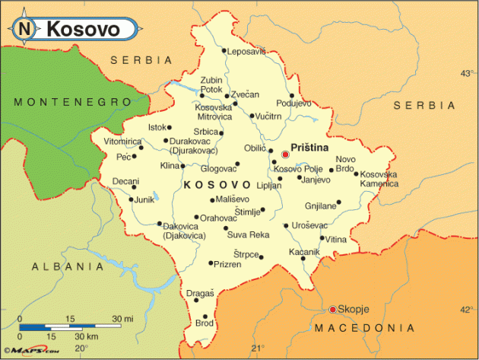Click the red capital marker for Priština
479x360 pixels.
tap(286, 155)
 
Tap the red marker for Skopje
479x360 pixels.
tap(332, 309)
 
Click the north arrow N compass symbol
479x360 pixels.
tap(25, 29)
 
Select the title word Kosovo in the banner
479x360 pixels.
tap(83, 29)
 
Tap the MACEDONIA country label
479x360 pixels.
tap(366, 328)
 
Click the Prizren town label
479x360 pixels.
tap(226, 264)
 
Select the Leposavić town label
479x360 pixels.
tap(248, 52)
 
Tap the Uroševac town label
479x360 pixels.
tap(310, 225)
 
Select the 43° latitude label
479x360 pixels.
tap(466, 74)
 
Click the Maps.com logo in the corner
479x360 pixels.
tap(30, 351)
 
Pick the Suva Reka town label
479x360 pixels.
tap(248, 235)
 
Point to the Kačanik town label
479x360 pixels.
tap(304, 252)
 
